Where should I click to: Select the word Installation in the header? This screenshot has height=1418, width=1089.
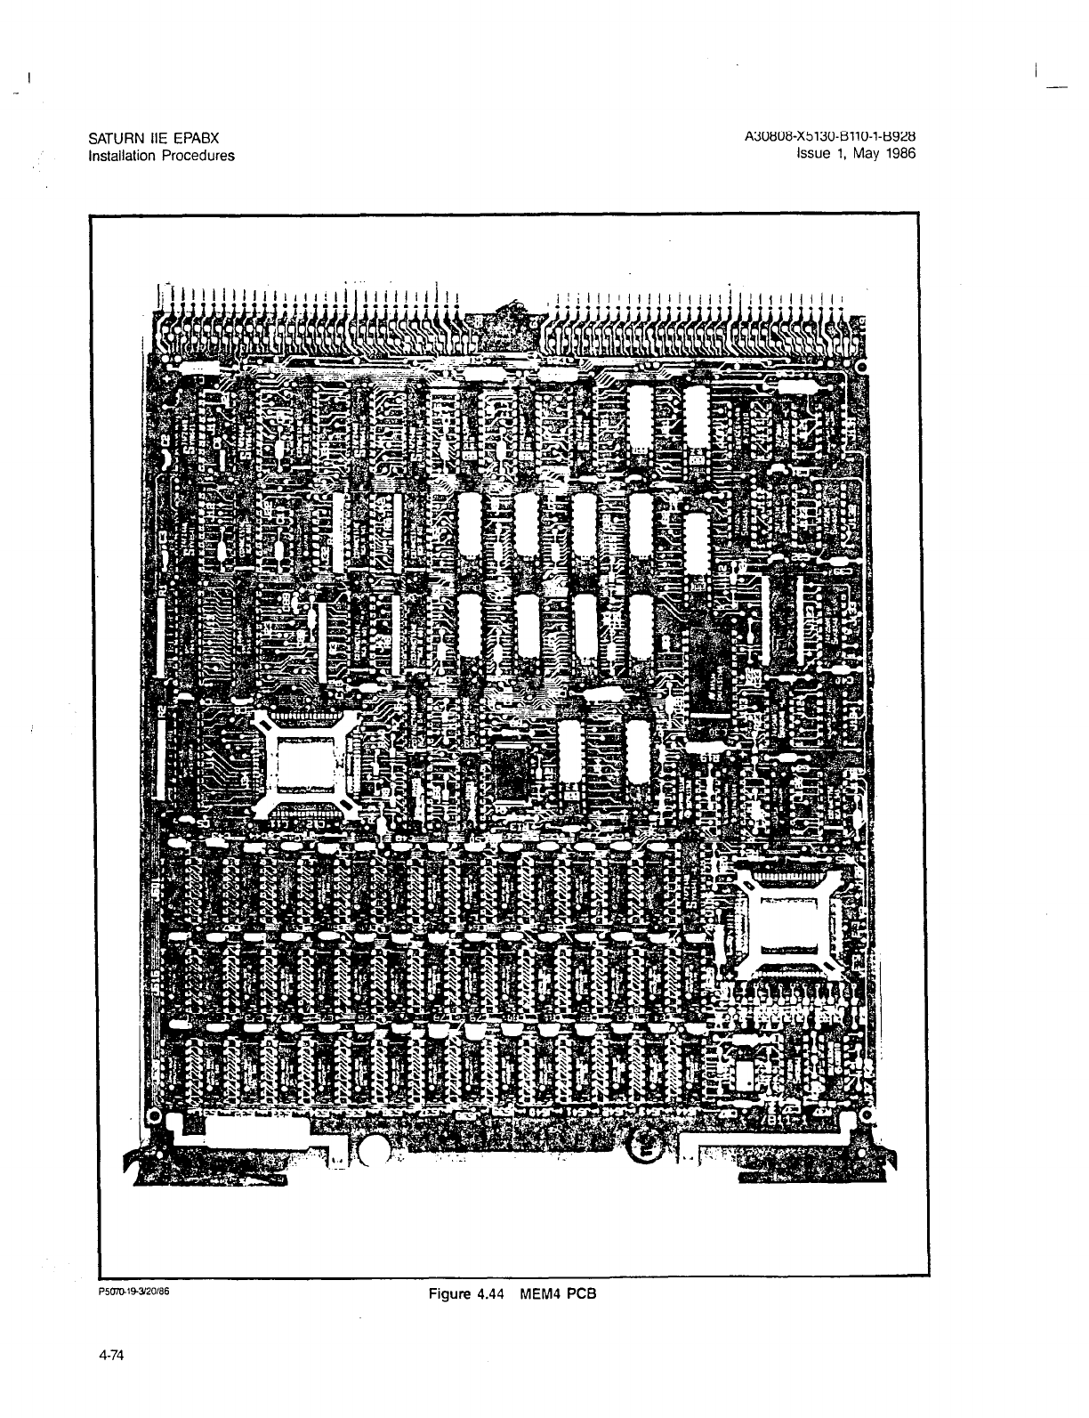[122, 156]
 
